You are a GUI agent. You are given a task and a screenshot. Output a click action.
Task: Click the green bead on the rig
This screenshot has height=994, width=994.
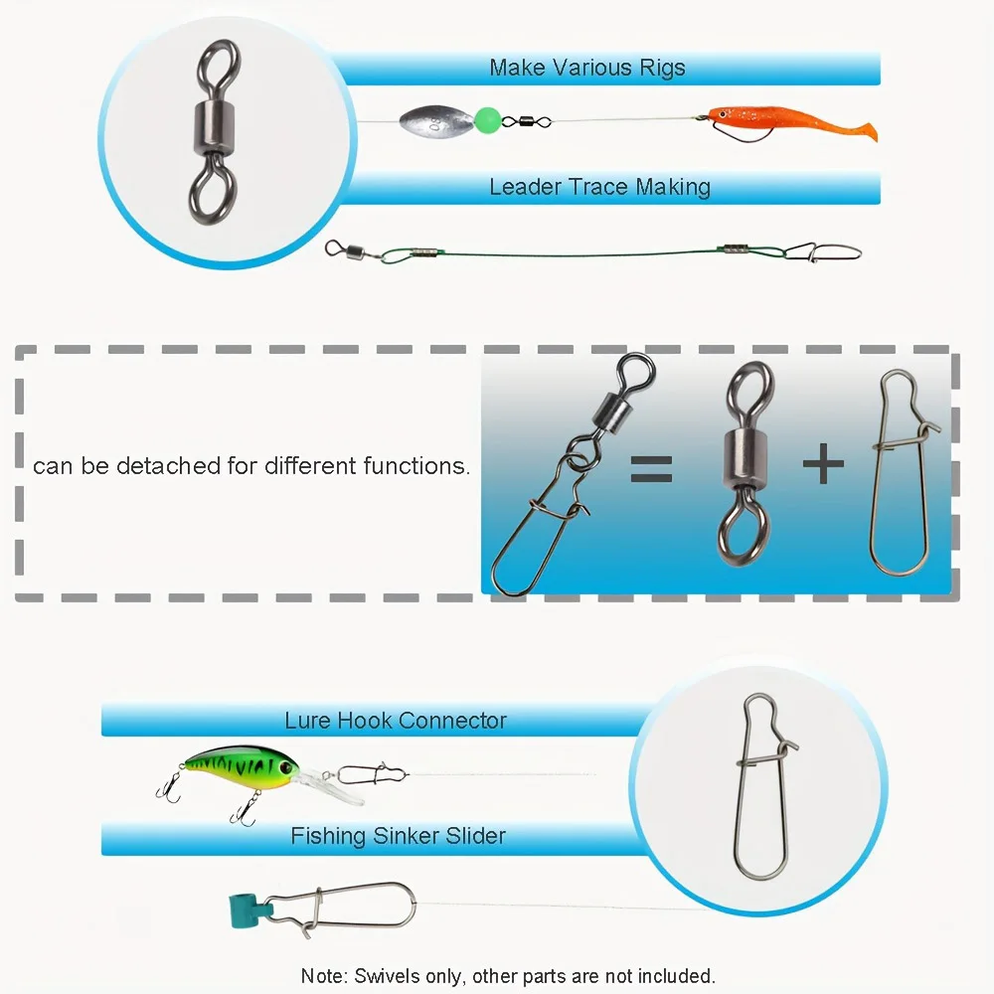(x=487, y=118)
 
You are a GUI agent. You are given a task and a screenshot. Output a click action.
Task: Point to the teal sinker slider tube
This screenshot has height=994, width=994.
(x=248, y=911)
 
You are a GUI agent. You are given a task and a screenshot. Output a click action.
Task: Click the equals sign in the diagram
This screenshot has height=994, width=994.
(x=651, y=469)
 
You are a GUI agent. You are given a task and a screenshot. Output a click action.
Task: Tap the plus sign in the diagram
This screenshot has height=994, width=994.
(x=823, y=463)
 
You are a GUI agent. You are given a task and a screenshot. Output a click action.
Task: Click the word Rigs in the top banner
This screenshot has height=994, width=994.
(x=662, y=68)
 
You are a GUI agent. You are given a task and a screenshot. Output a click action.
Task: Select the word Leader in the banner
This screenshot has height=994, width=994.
(x=526, y=187)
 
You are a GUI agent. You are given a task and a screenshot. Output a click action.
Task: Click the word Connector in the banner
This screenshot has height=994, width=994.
(x=452, y=720)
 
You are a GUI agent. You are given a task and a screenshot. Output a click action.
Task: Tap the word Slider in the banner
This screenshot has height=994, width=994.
(x=475, y=836)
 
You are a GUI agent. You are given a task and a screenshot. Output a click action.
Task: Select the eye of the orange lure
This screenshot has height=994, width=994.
(x=722, y=113)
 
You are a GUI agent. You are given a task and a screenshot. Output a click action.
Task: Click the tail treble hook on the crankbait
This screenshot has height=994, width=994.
(x=169, y=786)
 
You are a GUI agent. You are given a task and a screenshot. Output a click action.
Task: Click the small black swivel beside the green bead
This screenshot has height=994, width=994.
(x=526, y=120)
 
